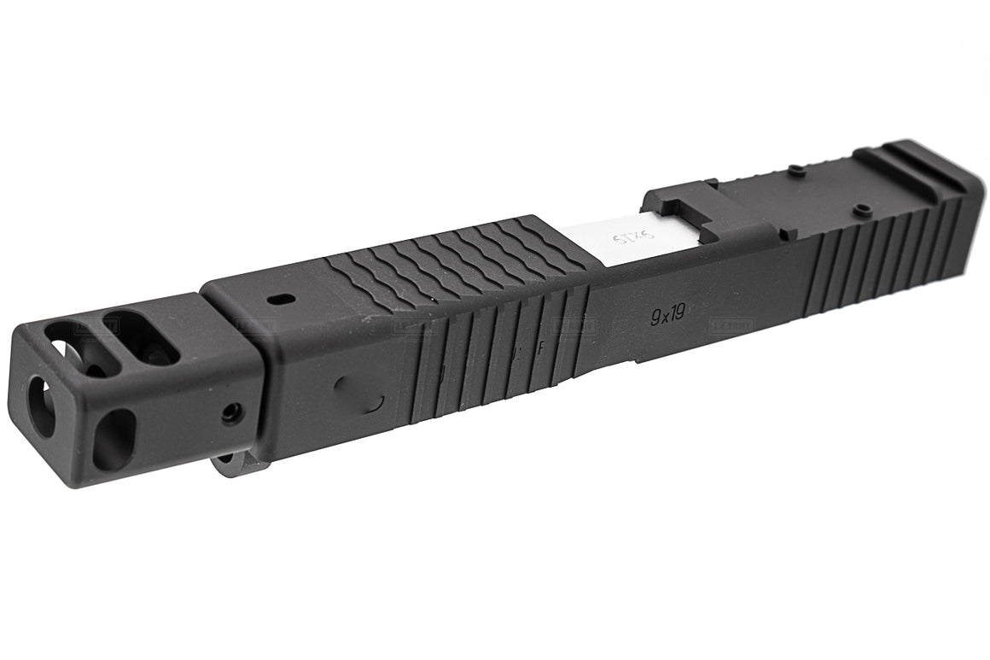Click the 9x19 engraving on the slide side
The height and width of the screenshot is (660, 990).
667,316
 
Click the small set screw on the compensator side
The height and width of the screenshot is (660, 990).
230,414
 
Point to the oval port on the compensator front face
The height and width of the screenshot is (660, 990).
113,438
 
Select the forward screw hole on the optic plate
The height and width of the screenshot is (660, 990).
792,167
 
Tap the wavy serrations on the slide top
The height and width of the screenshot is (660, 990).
452,256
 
